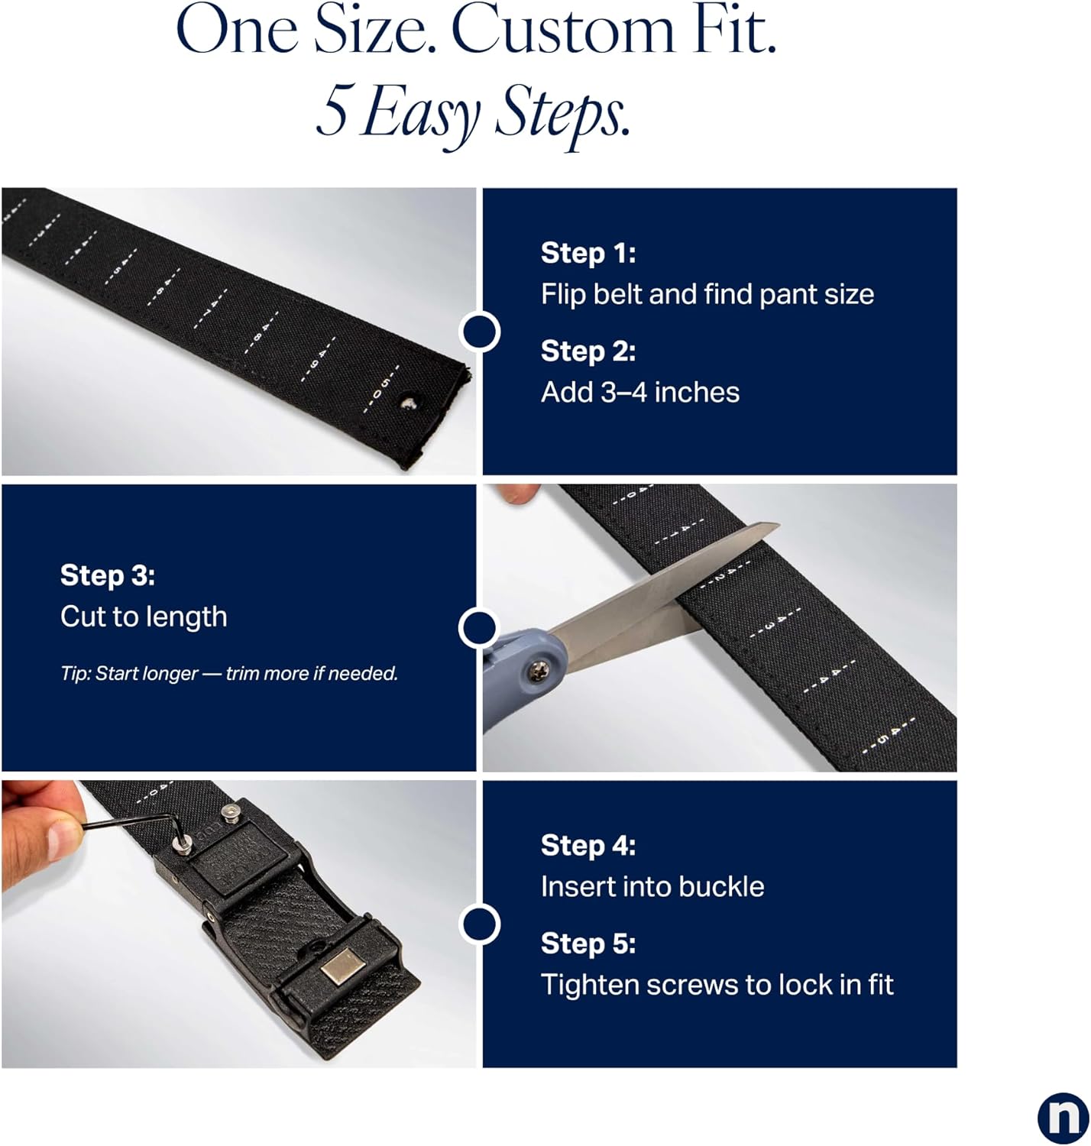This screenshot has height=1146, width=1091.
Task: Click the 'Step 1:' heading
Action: (588, 254)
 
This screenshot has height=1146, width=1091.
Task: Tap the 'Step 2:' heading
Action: (588, 351)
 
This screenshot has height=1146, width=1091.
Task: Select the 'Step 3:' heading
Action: (108, 576)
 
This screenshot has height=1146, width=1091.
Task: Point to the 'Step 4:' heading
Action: (588, 846)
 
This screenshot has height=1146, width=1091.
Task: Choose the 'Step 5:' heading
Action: (588, 944)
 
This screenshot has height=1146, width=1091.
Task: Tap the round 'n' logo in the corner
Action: (1063, 1118)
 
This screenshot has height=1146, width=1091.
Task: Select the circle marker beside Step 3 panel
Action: (479, 628)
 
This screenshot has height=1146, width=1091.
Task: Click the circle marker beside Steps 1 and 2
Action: (479, 332)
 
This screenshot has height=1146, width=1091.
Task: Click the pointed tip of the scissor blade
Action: (778, 525)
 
